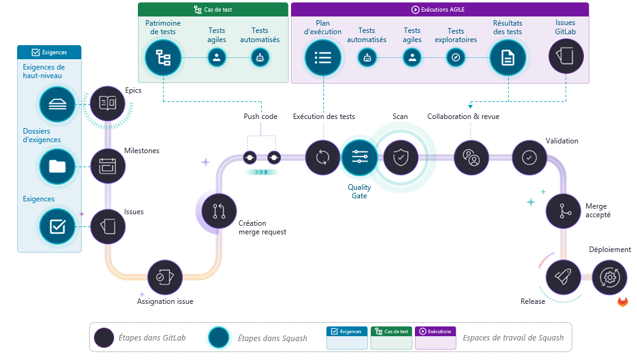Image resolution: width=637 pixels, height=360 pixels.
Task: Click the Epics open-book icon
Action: tap(107, 103)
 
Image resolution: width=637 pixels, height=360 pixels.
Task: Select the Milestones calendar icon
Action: tap(107, 165)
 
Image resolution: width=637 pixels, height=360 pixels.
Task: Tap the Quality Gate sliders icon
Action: tap(359, 157)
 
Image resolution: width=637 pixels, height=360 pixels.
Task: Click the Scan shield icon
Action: tap(400, 157)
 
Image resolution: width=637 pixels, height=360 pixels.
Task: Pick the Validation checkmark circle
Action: tap(529, 157)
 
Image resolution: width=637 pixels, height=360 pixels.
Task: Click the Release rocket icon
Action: tap(563, 278)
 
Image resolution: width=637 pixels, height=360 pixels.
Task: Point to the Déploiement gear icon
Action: tap(609, 278)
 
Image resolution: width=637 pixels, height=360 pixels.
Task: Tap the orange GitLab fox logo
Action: tap(622, 302)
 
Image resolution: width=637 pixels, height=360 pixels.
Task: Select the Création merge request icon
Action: tap(219, 211)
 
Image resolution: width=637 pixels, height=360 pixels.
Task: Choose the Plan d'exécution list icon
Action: tap(322, 57)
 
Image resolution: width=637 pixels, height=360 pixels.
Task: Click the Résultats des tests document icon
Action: tap(507, 57)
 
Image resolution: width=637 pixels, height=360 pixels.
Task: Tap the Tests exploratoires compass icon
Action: tap(455, 57)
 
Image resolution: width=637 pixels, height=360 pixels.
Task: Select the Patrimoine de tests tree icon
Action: tap(163, 57)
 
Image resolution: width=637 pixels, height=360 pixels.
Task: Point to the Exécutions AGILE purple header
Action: tap(439, 9)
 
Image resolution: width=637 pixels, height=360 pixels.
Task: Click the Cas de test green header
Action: tap(212, 9)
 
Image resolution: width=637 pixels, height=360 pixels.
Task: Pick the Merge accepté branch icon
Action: tap(563, 211)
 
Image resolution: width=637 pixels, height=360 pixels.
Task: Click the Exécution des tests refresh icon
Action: tap(322, 157)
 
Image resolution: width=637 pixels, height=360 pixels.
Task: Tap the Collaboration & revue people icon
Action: tap(472, 157)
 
